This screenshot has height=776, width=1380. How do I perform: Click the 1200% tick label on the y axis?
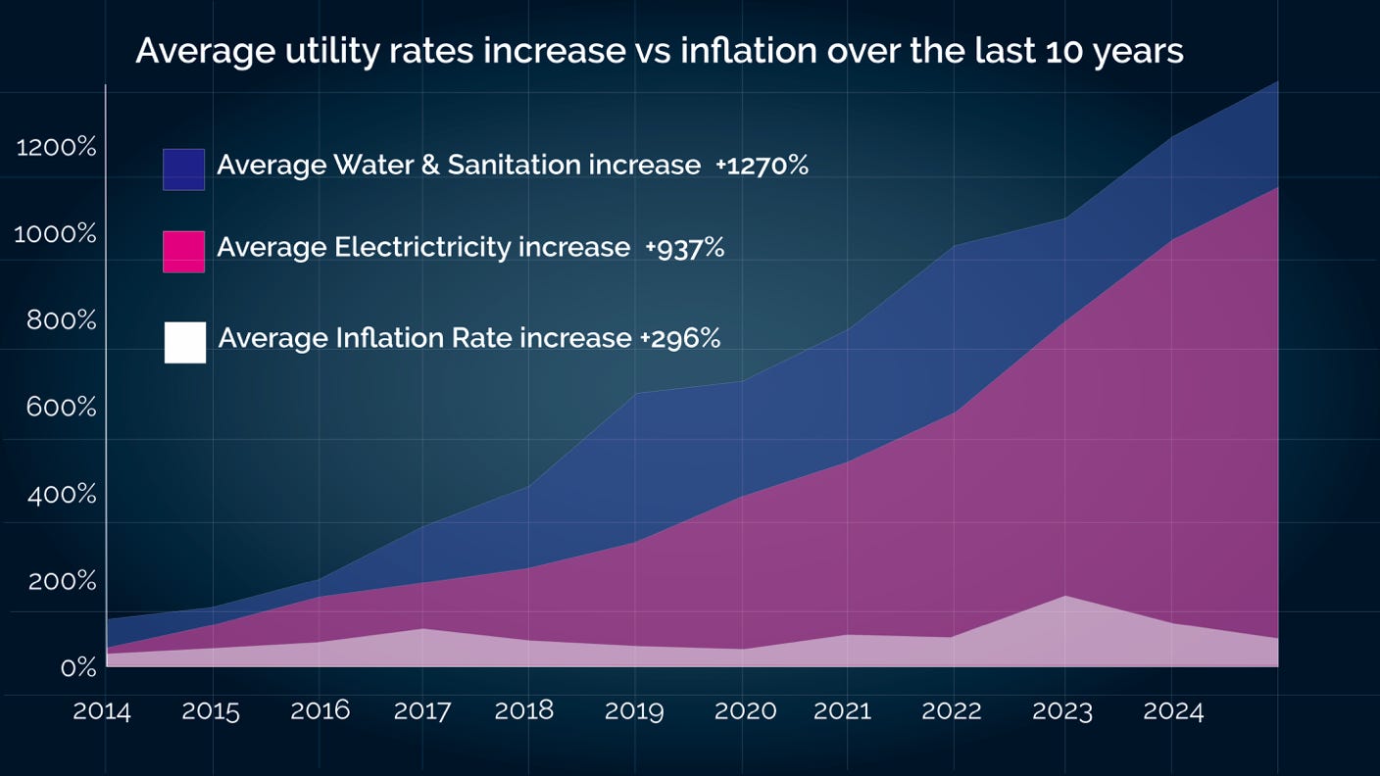click(x=57, y=148)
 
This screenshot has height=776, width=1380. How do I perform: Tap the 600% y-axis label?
click(x=61, y=407)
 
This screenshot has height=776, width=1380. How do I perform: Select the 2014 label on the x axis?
click(x=102, y=711)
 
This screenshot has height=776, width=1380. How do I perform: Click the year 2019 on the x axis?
click(x=634, y=711)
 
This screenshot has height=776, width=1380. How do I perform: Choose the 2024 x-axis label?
click(x=1173, y=711)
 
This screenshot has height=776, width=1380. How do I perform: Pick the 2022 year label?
click(x=952, y=711)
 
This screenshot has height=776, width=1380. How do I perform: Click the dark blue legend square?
click(x=183, y=170)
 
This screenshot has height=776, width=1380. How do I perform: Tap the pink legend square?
click(x=183, y=252)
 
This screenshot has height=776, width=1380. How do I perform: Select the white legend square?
click(x=185, y=343)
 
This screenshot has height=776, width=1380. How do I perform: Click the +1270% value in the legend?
click(x=762, y=166)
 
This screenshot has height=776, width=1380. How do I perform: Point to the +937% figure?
click(x=684, y=248)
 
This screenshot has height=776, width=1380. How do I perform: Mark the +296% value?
click(x=680, y=339)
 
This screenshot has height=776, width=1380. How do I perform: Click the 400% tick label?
click(x=61, y=494)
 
